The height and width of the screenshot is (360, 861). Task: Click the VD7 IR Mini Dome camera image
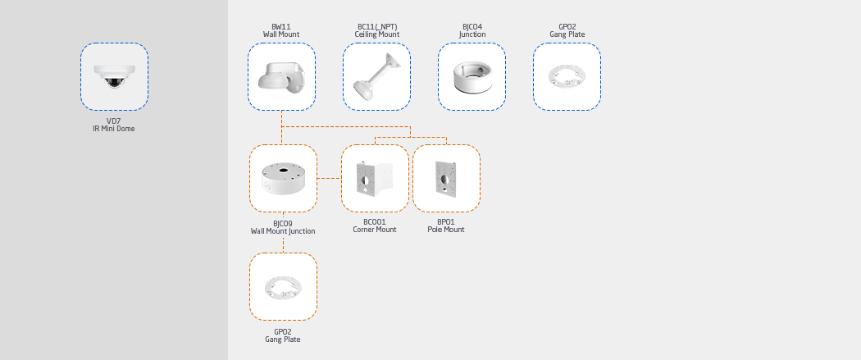tap(114, 76)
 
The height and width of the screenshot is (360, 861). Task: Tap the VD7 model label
tap(113, 121)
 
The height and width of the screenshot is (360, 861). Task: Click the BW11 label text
tap(281, 26)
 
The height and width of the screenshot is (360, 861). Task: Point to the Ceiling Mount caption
tap(376, 34)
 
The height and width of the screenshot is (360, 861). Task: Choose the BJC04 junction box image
tap(471, 76)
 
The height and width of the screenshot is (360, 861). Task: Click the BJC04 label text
tap(471, 26)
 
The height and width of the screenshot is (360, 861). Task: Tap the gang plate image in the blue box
tap(567, 76)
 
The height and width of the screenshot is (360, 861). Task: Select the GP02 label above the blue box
tap(567, 26)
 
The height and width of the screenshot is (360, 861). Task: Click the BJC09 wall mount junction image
tap(283, 178)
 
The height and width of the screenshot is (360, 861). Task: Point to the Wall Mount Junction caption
tap(283, 231)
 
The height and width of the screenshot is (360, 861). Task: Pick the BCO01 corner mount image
tap(375, 178)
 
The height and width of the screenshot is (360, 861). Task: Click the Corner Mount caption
tap(375, 230)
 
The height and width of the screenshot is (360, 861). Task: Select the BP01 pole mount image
tap(446, 178)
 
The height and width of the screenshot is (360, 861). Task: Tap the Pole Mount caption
tap(446, 230)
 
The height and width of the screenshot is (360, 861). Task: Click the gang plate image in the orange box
tap(283, 286)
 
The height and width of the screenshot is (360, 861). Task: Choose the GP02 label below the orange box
tap(283, 331)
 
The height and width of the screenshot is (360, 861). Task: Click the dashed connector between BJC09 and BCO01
tap(329, 178)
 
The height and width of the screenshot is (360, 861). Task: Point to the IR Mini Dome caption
tap(113, 129)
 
